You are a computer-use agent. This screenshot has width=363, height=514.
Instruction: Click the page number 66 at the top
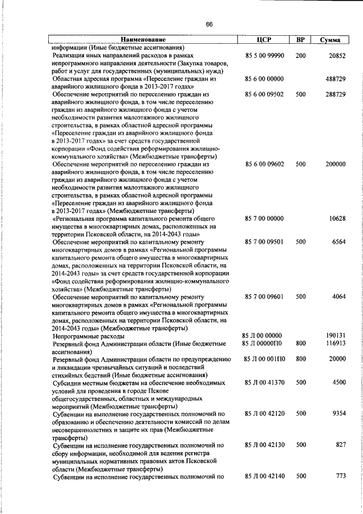[209, 24]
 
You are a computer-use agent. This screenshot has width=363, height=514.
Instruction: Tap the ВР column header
[301, 40]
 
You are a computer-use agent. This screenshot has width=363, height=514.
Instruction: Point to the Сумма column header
[330, 40]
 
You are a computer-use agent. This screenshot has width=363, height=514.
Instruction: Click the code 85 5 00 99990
[264, 56]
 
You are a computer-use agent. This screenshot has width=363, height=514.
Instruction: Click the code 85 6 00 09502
[264, 94]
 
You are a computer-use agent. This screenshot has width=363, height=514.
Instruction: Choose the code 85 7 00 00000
[264, 218]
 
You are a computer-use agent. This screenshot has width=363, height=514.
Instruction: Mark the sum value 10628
[336, 218]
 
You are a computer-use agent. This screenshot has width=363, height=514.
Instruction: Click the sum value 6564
[339, 241]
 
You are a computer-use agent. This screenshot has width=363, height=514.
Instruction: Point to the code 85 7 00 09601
[264, 296]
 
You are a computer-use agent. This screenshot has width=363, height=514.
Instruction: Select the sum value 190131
[334, 336]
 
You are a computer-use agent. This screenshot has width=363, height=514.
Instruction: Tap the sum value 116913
[334, 344]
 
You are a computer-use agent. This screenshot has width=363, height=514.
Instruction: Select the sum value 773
[340, 475]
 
